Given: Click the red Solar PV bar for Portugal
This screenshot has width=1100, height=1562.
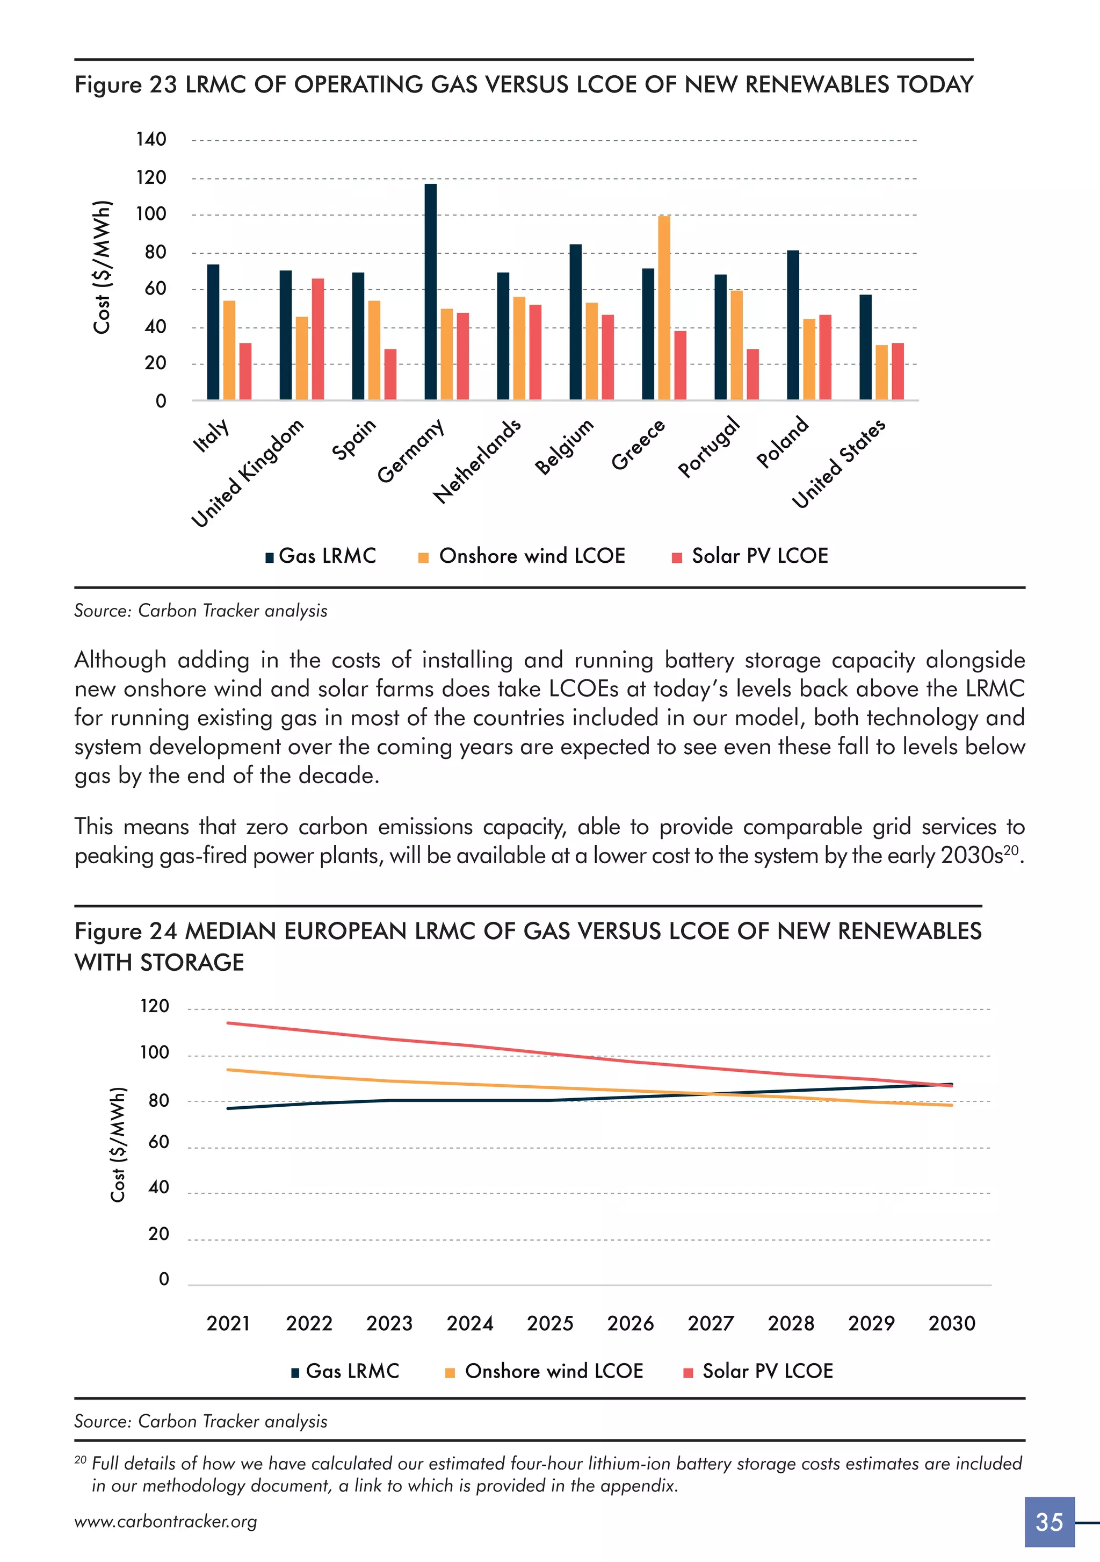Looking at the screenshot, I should pyautogui.click(x=752, y=374).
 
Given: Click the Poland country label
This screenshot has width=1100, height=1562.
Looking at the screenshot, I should pyautogui.click(x=783, y=442).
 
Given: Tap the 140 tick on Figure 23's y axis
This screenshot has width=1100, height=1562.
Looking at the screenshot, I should pyautogui.click(x=151, y=139).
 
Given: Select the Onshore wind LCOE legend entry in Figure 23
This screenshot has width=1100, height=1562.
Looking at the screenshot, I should pyautogui.click(x=522, y=556).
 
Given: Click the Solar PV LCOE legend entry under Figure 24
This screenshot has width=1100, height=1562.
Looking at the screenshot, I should pyautogui.click(x=759, y=1371).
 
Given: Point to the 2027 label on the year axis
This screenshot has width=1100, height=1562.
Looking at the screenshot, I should pyautogui.click(x=711, y=1323).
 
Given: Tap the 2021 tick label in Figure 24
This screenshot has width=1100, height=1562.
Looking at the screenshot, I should pyautogui.click(x=228, y=1323).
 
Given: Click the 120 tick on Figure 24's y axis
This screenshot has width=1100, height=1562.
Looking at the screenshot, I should pyautogui.click(x=154, y=1006).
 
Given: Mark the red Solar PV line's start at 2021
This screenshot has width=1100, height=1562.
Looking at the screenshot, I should pyautogui.click(x=228, y=1022).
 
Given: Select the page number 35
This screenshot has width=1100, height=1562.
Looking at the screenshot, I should pyautogui.click(x=1049, y=1522).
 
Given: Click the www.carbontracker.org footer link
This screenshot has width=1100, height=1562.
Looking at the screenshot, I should pyautogui.click(x=166, y=1522).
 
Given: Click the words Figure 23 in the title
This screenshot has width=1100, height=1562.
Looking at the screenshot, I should pyautogui.click(x=126, y=84).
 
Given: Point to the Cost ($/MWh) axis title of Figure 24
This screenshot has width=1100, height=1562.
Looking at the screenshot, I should pyautogui.click(x=118, y=1144).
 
